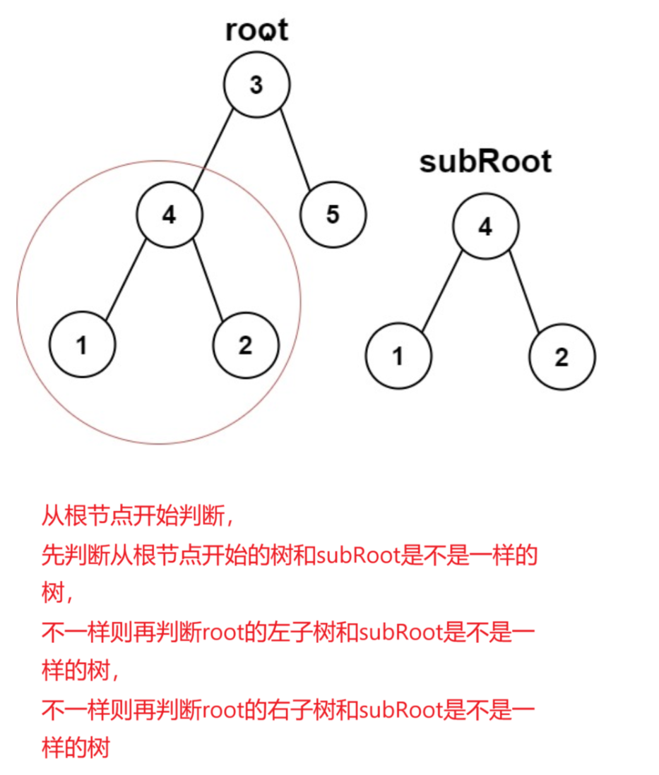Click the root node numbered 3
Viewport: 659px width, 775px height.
[x=256, y=85]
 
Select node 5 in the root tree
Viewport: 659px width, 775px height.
[x=333, y=215]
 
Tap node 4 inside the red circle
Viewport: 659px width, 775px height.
[x=169, y=215]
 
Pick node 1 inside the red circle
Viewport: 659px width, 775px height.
[x=83, y=346]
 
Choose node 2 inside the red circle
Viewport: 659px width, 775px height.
[x=246, y=346]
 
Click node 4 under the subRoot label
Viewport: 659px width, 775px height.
[x=485, y=227]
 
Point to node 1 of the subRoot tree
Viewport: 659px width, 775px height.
[x=398, y=356]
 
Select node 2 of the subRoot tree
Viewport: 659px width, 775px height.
[x=562, y=356]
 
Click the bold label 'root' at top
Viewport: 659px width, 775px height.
[x=257, y=30]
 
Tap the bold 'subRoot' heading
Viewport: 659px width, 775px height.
[x=485, y=162]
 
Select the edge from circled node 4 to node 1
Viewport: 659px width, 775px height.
[x=125, y=280]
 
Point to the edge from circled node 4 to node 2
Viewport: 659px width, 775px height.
[x=207, y=280]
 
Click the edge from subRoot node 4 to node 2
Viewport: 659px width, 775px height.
[x=523, y=291]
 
